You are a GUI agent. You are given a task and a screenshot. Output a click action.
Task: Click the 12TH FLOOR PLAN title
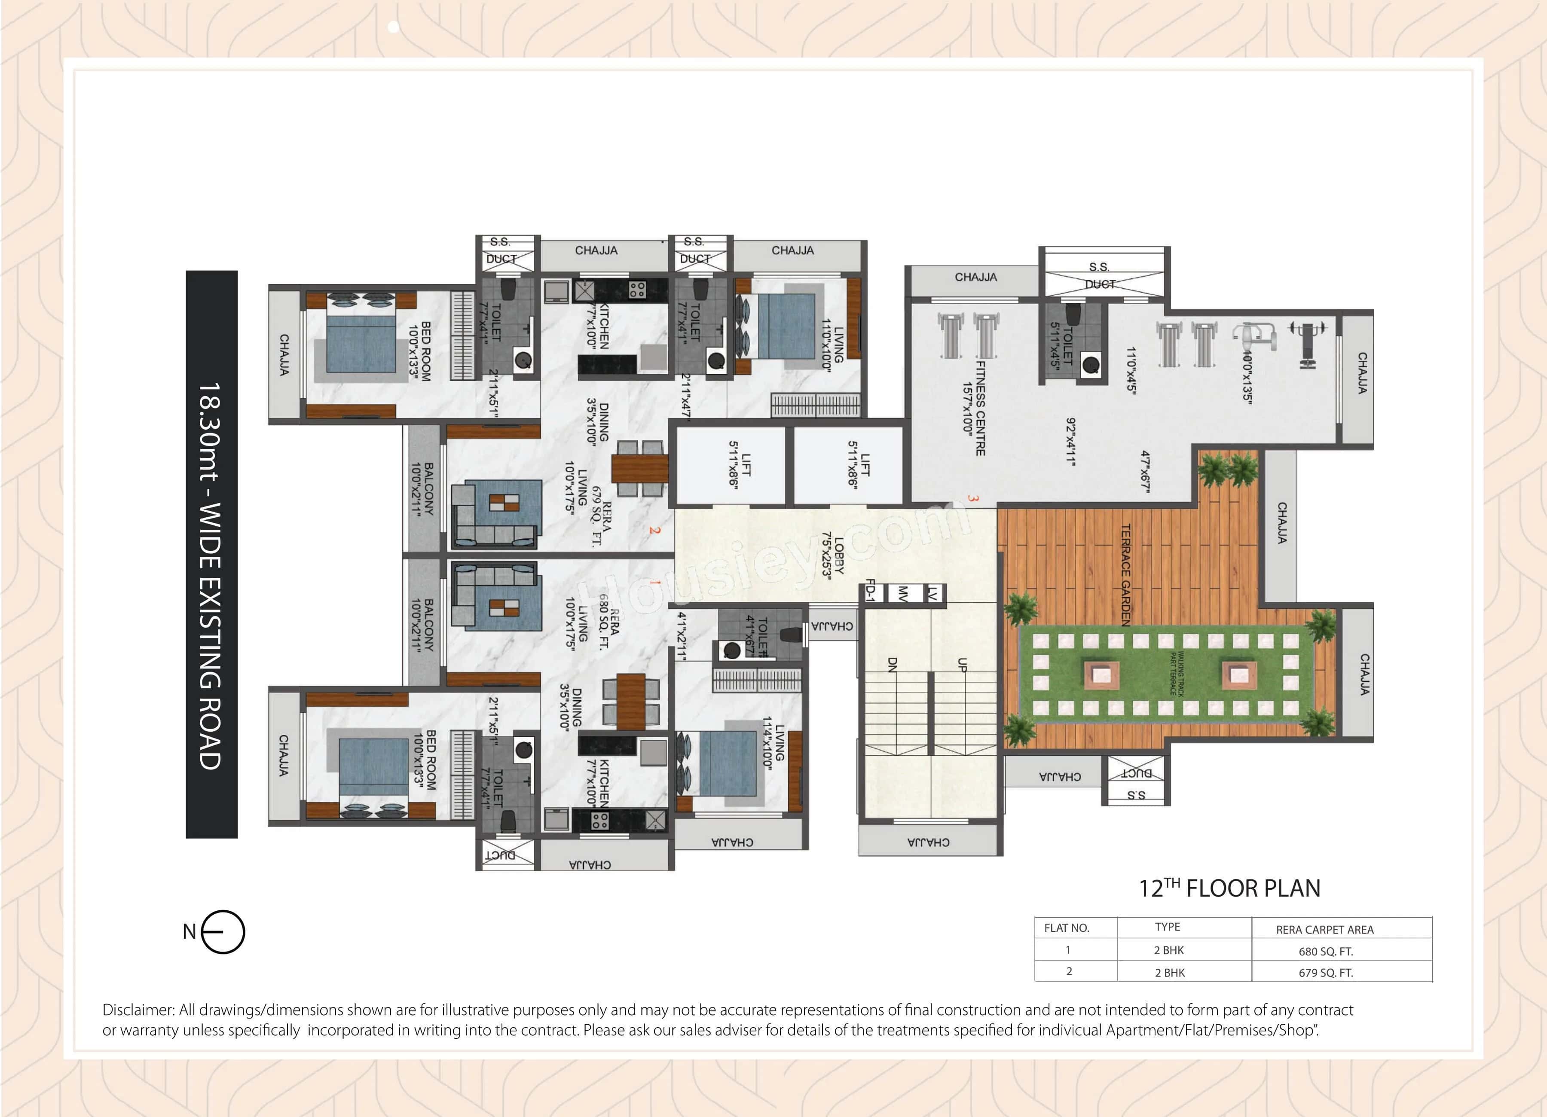pos(1229,888)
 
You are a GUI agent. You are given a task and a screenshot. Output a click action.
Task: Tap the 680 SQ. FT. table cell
pos(1325,951)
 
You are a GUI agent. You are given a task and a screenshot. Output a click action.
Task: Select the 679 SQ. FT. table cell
pos(1325,972)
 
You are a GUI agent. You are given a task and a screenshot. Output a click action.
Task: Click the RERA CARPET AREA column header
pos(1325,929)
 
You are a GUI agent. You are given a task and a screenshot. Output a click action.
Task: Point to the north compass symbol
pos(222,931)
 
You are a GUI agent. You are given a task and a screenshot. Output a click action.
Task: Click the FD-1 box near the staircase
pos(870,591)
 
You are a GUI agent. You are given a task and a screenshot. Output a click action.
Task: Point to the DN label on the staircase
pos(892,665)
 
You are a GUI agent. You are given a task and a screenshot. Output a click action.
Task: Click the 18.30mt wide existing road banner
pos(211,554)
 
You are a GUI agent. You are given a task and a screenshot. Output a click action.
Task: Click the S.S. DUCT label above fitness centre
pos(1100,275)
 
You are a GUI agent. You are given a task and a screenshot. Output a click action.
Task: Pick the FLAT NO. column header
pos(1067,928)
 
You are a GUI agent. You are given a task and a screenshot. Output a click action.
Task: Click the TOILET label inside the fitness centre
pos(1067,345)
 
